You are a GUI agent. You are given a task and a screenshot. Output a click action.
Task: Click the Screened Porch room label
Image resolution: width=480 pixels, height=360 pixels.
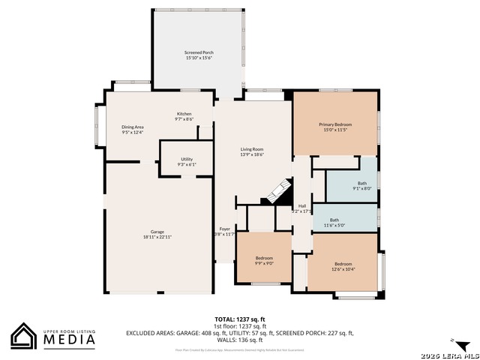coord(199,52)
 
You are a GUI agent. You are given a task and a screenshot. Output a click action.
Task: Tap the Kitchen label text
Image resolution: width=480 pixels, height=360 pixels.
coord(184,114)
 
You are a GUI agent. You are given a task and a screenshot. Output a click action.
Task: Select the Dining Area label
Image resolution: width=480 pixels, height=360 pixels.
coord(133,127)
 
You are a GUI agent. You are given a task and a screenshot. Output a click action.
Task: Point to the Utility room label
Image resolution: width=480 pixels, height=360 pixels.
coord(187,159)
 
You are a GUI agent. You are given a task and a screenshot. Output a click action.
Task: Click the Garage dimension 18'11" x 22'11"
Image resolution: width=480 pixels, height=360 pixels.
coord(157,237)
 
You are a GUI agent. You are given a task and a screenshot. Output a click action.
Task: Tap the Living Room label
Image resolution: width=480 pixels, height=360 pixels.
coord(251,149)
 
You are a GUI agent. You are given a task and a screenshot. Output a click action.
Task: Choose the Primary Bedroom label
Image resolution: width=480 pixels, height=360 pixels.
coord(335,124)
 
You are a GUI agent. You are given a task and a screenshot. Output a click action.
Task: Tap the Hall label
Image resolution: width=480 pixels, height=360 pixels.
coord(301,205)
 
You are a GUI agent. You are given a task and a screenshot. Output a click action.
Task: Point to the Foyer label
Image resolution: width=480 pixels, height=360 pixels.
coord(224,229)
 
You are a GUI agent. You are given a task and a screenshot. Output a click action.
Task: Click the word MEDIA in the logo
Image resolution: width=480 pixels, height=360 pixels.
coord(68,340)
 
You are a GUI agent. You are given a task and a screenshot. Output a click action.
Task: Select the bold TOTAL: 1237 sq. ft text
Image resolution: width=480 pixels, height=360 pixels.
coord(240,319)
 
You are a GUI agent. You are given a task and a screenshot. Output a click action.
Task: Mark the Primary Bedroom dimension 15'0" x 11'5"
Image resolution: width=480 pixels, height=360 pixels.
coord(335,130)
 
